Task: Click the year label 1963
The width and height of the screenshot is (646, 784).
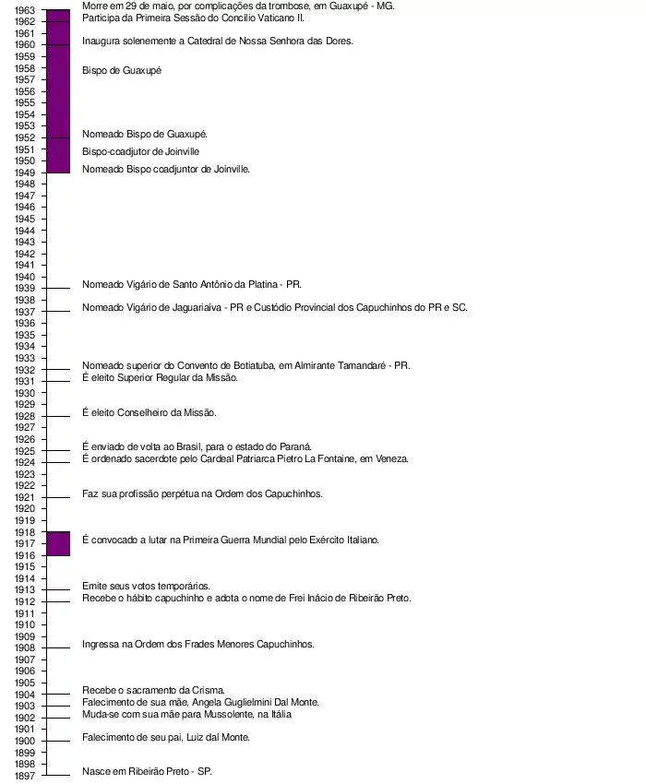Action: pyautogui.click(x=25, y=9)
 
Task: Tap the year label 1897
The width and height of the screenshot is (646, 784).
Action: pyautogui.click(x=25, y=776)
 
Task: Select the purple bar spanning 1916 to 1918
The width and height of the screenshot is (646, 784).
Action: pyautogui.click(x=58, y=544)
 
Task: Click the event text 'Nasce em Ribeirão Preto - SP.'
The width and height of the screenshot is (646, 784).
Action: pyautogui.click(x=147, y=771)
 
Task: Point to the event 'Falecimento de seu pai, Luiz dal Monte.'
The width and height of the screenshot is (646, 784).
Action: pyautogui.click(x=166, y=737)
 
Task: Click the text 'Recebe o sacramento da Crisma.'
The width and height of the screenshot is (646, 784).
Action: pyautogui.click(x=153, y=690)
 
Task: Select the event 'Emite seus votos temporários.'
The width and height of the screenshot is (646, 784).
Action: pyautogui.click(x=146, y=586)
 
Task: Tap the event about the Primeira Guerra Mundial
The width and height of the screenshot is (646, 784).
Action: pyautogui.click(x=231, y=540)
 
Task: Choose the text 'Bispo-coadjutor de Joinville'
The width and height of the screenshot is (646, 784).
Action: pyautogui.click(x=140, y=151)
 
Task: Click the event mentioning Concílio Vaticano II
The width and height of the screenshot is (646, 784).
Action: pyautogui.click(x=193, y=18)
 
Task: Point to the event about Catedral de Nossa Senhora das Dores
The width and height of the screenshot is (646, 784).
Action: pyautogui.click(x=217, y=41)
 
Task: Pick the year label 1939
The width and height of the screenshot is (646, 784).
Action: pyautogui.click(x=25, y=288)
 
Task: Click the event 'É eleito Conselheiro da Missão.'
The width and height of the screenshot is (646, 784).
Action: pyautogui.click(x=150, y=412)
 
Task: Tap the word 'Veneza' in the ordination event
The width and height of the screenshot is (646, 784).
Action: pyautogui.click(x=390, y=458)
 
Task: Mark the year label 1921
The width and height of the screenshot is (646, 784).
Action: pyautogui.click(x=25, y=497)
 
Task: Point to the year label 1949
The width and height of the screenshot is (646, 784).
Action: pyautogui.click(x=25, y=172)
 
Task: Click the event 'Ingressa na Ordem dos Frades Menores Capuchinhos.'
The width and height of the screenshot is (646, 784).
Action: pyautogui.click(x=197, y=644)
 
